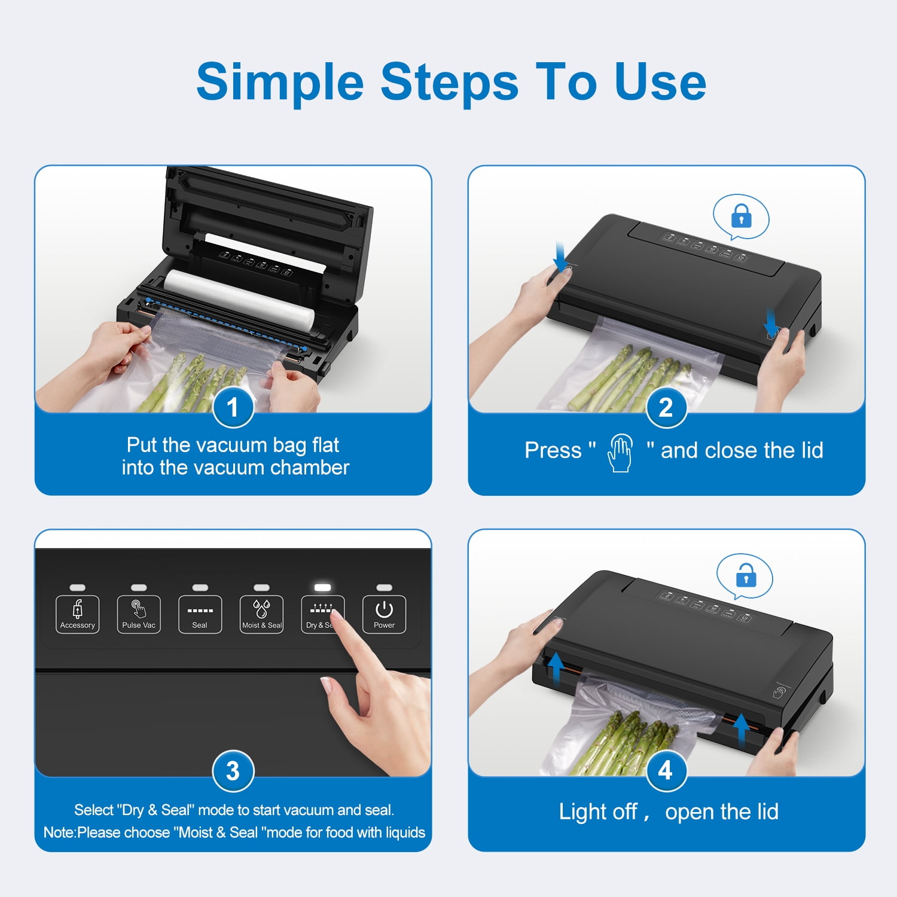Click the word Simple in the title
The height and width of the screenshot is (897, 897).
pyautogui.click(x=280, y=83)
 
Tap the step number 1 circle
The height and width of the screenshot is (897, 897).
pyautogui.click(x=233, y=407)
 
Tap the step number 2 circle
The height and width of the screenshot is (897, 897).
pyautogui.click(x=666, y=407)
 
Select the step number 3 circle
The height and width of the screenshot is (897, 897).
pyautogui.click(x=233, y=771)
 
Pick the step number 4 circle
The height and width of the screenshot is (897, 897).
pyautogui.click(x=666, y=771)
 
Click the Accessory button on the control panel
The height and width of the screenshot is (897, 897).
pyautogui.click(x=78, y=614)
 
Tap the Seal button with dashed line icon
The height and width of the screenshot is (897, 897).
pyautogui.click(x=200, y=614)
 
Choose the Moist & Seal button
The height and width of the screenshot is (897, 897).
pyautogui.click(x=261, y=614)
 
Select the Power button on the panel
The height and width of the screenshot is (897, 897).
pyautogui.click(x=384, y=614)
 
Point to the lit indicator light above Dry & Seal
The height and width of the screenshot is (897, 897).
pyautogui.click(x=322, y=587)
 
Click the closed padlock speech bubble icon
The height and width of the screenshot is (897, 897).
pyautogui.click(x=741, y=217)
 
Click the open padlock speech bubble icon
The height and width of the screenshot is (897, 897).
pyautogui.click(x=745, y=576)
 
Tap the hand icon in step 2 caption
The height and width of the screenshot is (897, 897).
pyautogui.click(x=620, y=453)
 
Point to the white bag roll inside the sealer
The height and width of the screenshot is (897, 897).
pyautogui.click(x=239, y=298)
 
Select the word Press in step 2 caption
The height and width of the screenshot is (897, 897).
pyautogui.click(x=553, y=450)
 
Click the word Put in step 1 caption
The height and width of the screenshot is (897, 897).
pyautogui.click(x=142, y=445)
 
